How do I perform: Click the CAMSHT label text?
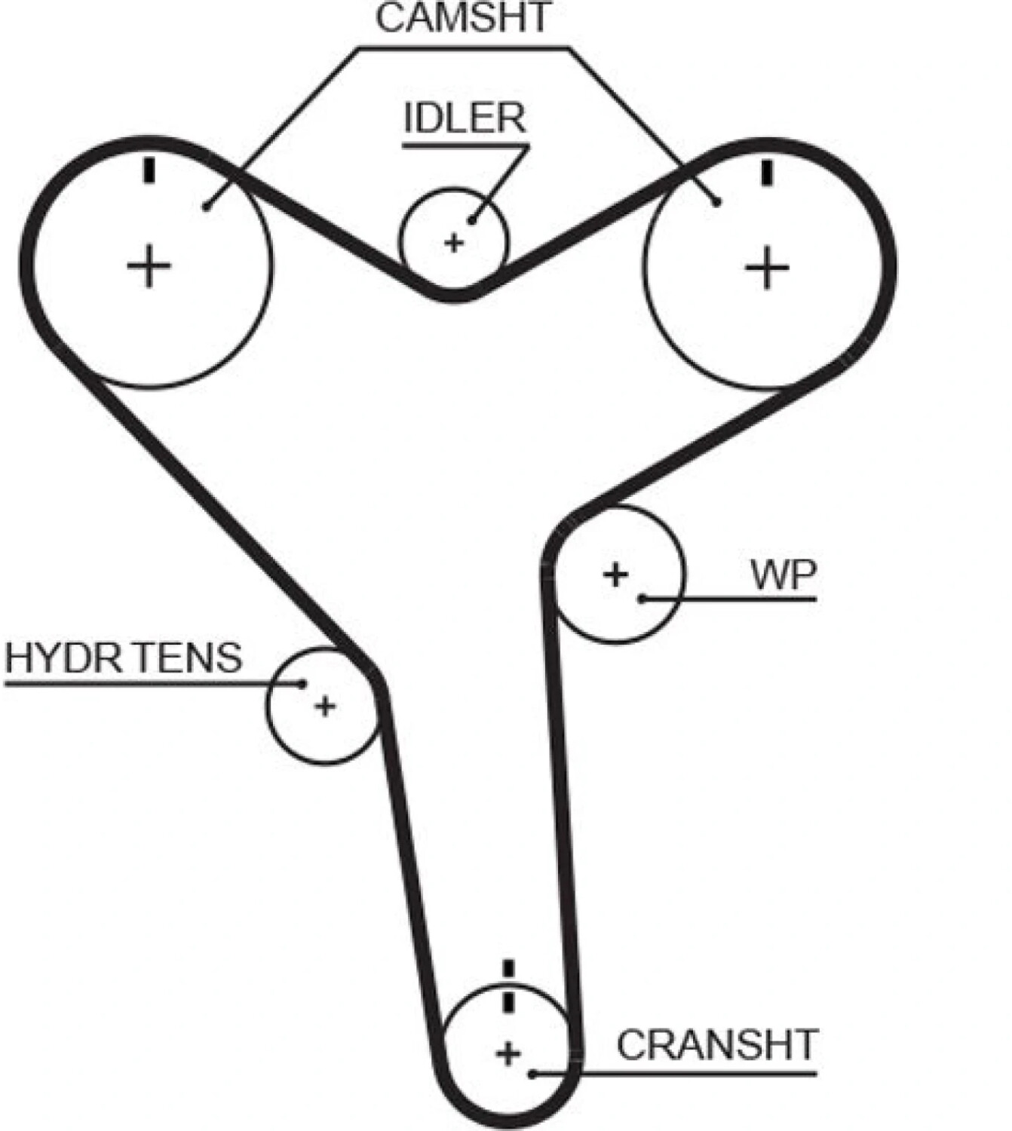click(464, 18)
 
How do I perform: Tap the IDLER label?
click(465, 118)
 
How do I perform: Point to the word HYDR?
click(63, 658)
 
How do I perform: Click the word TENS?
click(189, 658)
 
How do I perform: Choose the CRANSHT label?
click(718, 1045)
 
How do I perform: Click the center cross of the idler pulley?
click(454, 243)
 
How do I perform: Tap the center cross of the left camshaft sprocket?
click(149, 265)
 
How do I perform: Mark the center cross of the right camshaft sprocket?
click(767, 268)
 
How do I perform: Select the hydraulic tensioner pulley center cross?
click(324, 706)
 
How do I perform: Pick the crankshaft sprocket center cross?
click(508, 1054)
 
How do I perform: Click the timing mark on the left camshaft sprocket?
click(149, 171)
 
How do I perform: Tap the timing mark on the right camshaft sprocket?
click(768, 173)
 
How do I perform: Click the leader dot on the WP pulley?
click(642, 599)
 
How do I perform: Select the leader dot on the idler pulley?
click(473, 221)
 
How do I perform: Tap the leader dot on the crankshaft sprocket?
click(533, 1074)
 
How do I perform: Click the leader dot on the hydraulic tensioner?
click(302, 684)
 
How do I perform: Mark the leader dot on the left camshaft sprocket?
click(207, 207)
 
